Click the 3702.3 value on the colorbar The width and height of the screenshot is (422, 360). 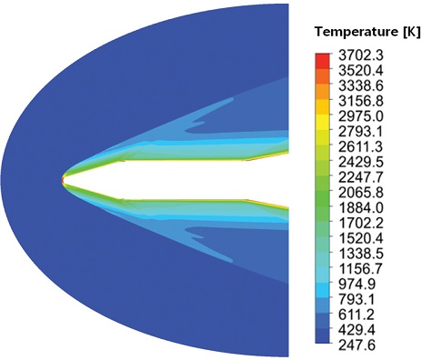pyautogui.click(x=361, y=55)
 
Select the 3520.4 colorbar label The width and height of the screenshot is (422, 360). pyautogui.click(x=361, y=71)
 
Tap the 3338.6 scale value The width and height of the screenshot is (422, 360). pyautogui.click(x=361, y=85)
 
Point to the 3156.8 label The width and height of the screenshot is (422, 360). pyautogui.click(x=361, y=101)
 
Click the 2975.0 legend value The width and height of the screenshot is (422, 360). pyautogui.click(x=361, y=116)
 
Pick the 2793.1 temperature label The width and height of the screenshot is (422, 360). pyautogui.click(x=361, y=132)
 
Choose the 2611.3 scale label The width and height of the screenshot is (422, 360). pyautogui.click(x=361, y=146)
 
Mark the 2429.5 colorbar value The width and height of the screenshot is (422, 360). pyautogui.click(x=361, y=162)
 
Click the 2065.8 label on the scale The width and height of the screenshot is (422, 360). pyautogui.click(x=361, y=193)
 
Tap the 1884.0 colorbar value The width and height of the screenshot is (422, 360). pyautogui.click(x=361, y=208)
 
